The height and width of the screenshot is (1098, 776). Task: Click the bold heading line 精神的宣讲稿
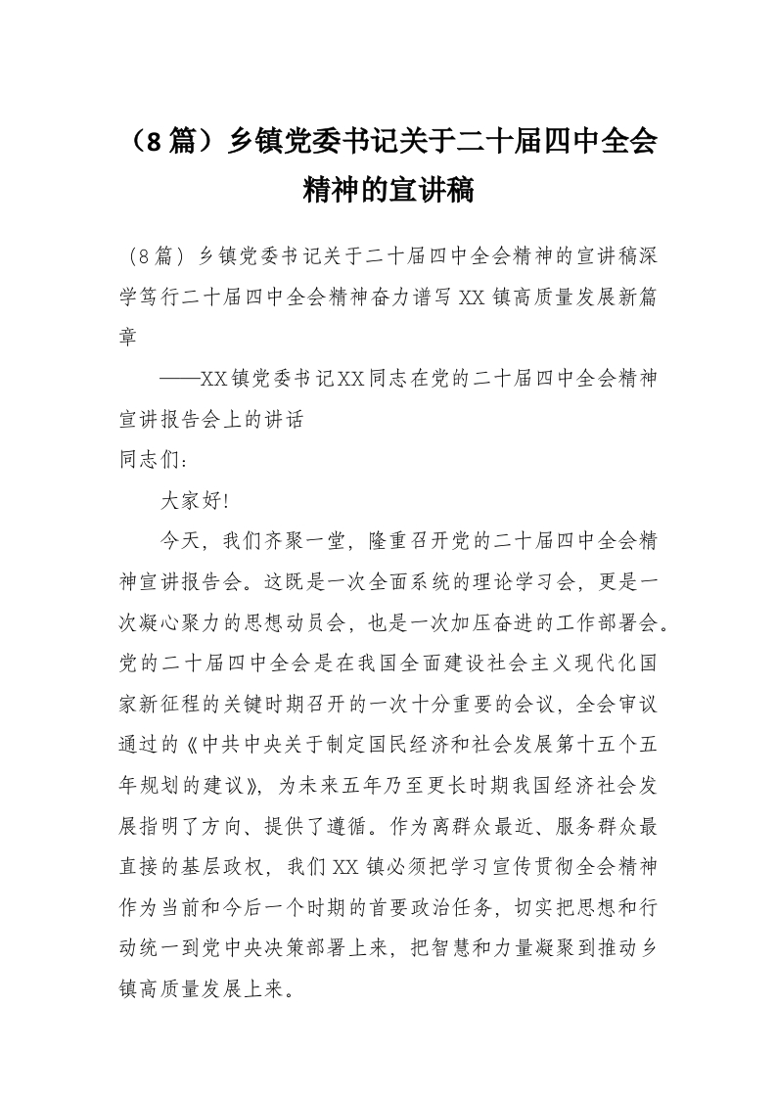(388, 190)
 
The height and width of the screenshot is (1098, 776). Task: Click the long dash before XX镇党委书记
(178, 377)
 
